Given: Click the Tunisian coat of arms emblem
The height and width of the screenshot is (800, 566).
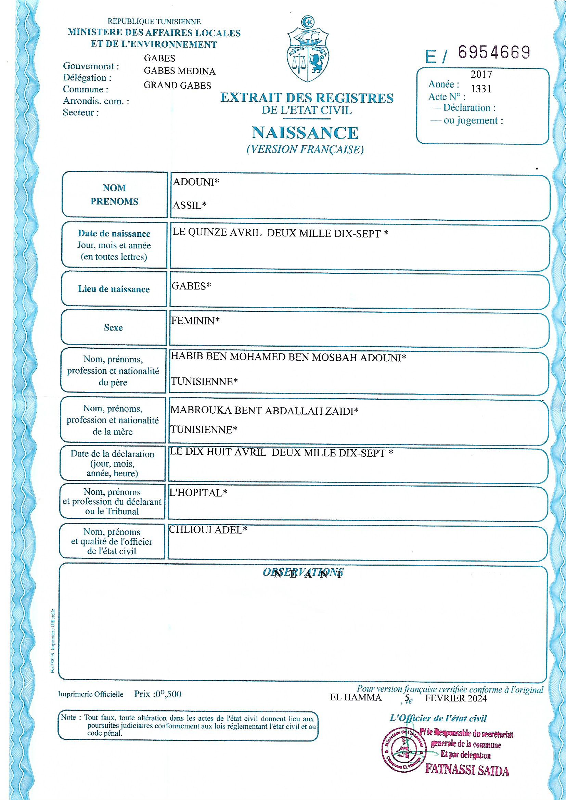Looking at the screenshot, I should (308, 49).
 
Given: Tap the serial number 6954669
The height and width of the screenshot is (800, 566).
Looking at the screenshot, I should (494, 53).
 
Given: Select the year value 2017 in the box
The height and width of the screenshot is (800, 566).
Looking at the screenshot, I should (481, 74).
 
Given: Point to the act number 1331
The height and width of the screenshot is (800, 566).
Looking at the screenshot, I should (481, 89).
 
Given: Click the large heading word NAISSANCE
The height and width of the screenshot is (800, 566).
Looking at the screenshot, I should (305, 133).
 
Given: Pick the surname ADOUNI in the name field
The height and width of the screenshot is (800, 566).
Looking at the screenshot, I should (193, 182).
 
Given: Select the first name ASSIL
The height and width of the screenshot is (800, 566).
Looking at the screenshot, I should (187, 205).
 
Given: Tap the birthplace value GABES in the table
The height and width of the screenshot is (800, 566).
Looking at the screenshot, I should (189, 286).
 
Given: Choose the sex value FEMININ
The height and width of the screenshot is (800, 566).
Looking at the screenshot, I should (193, 321).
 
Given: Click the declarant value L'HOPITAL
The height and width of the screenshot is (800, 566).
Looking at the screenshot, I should (195, 493).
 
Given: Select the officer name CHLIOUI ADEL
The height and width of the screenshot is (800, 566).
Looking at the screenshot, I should (206, 530).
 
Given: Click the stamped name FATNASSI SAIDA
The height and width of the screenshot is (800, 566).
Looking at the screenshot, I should (467, 770).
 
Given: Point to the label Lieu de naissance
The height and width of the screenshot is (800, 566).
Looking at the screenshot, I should (114, 289).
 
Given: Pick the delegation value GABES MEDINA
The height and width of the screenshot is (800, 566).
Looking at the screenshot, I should (180, 72).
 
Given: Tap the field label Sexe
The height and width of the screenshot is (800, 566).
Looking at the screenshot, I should (113, 327).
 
